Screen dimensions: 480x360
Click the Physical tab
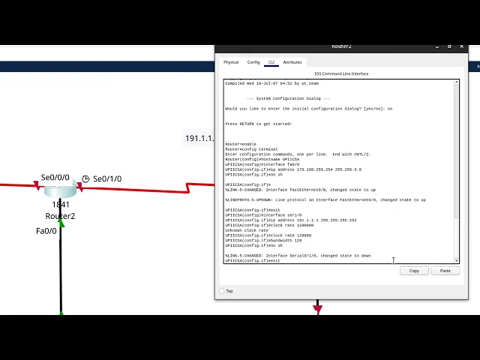[x=231, y=62]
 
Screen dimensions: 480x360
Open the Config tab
[x=253, y=62]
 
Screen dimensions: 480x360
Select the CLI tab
[x=271, y=62]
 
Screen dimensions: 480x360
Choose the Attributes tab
[x=292, y=62]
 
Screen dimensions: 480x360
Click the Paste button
[x=445, y=271]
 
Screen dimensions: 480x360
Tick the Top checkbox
[x=222, y=291]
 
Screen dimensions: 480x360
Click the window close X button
[x=462, y=46]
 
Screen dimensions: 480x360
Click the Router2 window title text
[x=341, y=46]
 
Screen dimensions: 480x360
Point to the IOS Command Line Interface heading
[x=341, y=73]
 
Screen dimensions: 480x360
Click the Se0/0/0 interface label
[x=55, y=178]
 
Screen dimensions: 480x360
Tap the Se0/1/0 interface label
[x=107, y=179]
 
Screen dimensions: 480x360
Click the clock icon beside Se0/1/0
[x=85, y=178]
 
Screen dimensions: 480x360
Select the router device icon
[x=60, y=190]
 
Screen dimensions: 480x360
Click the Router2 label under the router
[x=60, y=216]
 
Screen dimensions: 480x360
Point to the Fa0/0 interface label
[x=46, y=231]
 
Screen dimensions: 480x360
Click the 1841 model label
[x=60, y=205]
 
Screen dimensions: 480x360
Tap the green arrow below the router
[x=61, y=223]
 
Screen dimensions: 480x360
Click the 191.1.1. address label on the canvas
[x=199, y=139]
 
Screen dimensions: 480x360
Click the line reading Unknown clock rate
[x=247, y=230]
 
